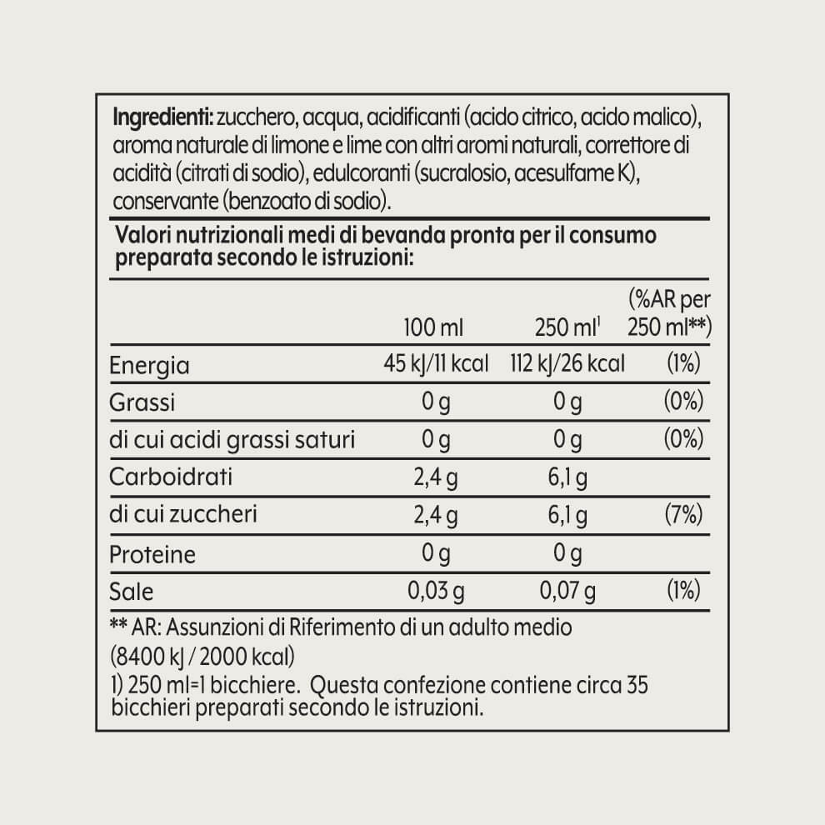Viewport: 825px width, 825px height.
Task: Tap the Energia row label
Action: pyautogui.click(x=150, y=365)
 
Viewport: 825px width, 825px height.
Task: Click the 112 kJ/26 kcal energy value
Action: pyautogui.click(x=567, y=364)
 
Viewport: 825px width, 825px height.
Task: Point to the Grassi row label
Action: pyautogui.click(x=143, y=402)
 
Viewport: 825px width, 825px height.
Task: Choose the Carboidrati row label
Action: pyautogui.click(x=172, y=477)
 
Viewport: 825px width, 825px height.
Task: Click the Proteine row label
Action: pyautogui.click(x=152, y=553)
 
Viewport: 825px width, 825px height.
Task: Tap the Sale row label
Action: pyautogui.click(x=132, y=591)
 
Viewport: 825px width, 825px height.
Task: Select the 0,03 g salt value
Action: pyautogui.click(x=435, y=591)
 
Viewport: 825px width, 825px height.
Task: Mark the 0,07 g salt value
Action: pyautogui.click(x=567, y=591)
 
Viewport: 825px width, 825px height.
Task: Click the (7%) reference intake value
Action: pyautogui.click(x=682, y=515)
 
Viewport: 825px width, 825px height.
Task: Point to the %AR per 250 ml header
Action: pyautogui.click(x=668, y=313)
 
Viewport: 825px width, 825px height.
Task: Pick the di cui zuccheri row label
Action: pyautogui.click(x=183, y=515)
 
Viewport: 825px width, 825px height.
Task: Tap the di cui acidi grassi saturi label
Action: pyautogui.click(x=232, y=440)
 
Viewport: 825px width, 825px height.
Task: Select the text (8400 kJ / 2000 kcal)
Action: pyautogui.click(x=201, y=653)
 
